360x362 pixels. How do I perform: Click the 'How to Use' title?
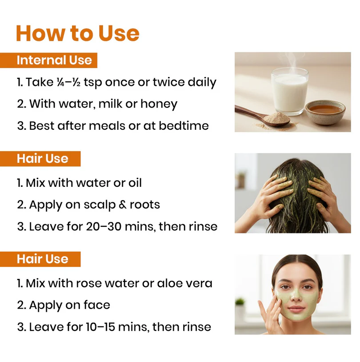pos(77,33)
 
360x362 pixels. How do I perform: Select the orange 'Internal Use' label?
pos(49,60)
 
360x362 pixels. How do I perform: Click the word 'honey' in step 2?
pos(159,104)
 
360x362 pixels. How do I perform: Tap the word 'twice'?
pos(168,82)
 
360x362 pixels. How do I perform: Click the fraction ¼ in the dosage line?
pos(60,82)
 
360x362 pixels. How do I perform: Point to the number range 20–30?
pos(104,226)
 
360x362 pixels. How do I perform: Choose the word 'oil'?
pos(135,183)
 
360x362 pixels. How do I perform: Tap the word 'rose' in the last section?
pos(89,283)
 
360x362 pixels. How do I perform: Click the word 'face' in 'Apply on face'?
pos(97,305)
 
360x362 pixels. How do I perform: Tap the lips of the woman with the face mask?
pos(296,309)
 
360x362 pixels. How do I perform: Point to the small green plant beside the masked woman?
pos(240,302)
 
